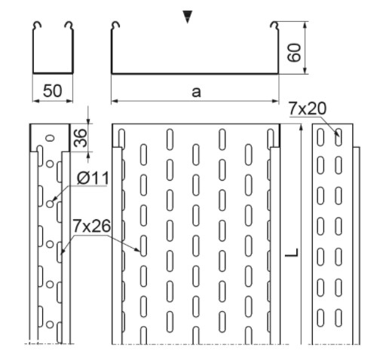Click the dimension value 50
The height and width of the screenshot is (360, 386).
pos(52,90)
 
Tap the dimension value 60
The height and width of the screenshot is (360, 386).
pos(294,53)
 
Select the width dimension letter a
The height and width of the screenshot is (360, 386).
pos(196,92)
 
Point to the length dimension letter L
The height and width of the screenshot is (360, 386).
pos(292,252)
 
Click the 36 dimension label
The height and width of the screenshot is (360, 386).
pos(81,138)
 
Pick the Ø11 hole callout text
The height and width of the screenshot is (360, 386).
pos(93,178)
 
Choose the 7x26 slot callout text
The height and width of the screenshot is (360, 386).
pos(91,226)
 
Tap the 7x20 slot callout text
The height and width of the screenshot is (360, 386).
pos(308,108)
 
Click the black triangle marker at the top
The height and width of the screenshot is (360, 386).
pos(188,17)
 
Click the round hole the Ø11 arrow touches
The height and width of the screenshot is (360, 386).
pos(50,204)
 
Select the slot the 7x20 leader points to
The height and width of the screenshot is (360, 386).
pos(339,137)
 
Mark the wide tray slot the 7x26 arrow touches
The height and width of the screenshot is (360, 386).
pos(143,246)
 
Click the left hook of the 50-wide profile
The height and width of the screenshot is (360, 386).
pos(37,26)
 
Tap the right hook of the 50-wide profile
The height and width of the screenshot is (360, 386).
pos(69,26)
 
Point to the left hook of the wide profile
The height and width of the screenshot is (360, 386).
pos(115,26)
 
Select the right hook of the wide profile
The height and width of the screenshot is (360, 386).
pos(274,26)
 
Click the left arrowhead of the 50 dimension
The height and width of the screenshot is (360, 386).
pos(36,101)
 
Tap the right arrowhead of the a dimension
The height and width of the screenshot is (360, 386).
pos(275,101)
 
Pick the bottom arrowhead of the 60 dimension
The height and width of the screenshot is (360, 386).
pos(305,70)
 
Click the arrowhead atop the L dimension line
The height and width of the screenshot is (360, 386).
pos(302,127)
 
